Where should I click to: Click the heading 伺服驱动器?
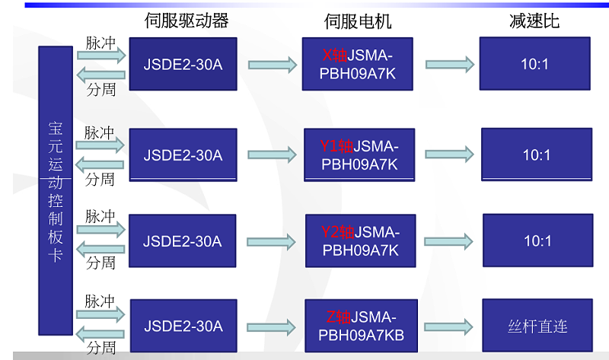[187, 21]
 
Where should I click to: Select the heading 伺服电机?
[357, 21]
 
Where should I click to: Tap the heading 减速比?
[534, 21]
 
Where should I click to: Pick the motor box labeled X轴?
[357, 65]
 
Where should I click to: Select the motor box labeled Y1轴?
[359, 155]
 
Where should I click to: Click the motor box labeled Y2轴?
[360, 241]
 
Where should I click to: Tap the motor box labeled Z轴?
[360, 326]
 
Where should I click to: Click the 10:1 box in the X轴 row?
[534, 65]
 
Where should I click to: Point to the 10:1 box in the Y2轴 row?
[537, 241]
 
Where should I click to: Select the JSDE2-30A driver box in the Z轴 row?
[183, 327]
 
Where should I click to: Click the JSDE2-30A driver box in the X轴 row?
[183, 65]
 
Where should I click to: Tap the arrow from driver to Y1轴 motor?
[272, 155]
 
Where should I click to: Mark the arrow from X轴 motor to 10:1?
[446, 65]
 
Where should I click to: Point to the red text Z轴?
[338, 317]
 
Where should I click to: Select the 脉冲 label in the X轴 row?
[100, 43]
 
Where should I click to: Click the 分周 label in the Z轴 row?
[100, 348]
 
